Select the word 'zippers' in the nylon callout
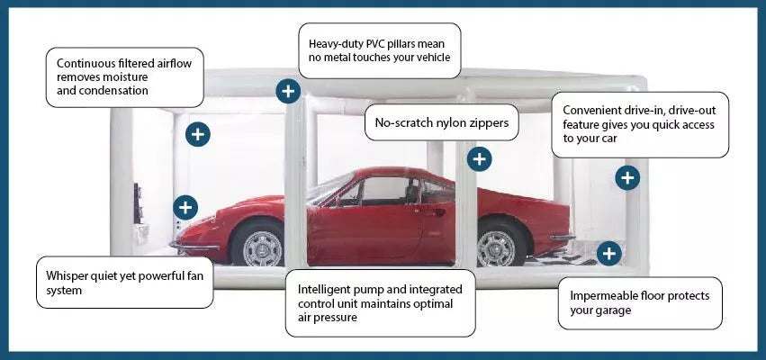(486, 122)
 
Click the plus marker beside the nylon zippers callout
(479, 159)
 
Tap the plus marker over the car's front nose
(185, 207)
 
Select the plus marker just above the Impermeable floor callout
(609, 254)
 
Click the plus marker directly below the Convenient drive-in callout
(627, 177)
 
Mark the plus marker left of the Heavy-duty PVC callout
(288, 90)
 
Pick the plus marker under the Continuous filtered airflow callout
(198, 135)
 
